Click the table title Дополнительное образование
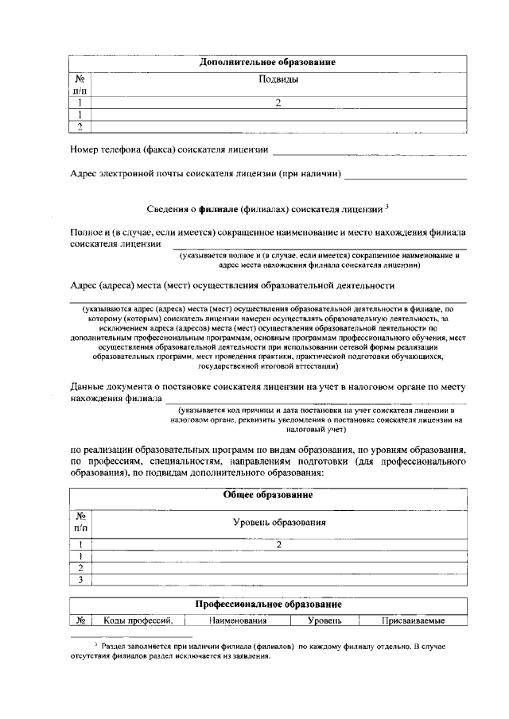[x=266, y=62]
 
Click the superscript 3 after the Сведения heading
[x=387, y=207]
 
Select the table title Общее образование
[x=266, y=495]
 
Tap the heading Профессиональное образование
[x=268, y=605]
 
